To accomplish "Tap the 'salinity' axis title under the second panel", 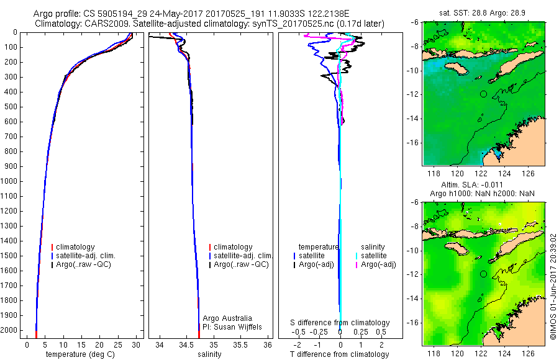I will (210, 354).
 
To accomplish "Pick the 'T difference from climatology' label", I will (340, 354).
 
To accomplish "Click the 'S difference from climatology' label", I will (340, 323).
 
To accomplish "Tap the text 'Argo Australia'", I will (227, 318).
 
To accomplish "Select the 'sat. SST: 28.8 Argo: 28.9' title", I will (483, 12).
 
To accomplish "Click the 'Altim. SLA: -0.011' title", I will (483, 185).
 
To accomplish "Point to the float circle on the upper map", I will (483, 94).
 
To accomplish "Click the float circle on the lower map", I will (483, 274).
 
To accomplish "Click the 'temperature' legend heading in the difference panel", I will (319, 247).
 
